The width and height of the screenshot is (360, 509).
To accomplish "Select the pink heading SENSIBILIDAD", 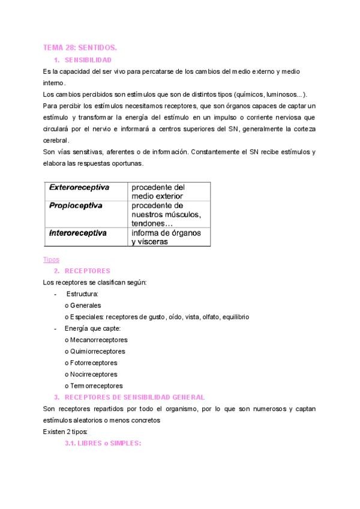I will tap(88, 60).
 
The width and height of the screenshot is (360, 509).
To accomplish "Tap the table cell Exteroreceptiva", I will tap(79, 188).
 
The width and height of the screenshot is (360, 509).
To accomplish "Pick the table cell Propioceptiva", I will tap(76, 206).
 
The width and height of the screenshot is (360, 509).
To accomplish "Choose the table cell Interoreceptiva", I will tap(78, 233).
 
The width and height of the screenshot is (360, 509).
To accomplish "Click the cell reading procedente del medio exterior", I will tap(158, 191).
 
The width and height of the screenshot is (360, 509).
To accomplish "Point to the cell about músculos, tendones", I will tap(166, 214).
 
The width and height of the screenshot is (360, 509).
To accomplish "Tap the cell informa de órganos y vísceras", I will tap(166, 237).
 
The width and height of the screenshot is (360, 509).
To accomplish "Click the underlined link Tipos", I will tap(52, 260).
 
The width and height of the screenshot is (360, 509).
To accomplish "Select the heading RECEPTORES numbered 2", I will tap(87, 271).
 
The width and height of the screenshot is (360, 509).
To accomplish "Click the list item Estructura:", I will tap(82, 294).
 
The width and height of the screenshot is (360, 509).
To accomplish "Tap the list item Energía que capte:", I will tap(93, 328).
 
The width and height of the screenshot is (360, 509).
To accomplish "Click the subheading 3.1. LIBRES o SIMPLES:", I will tap(103, 442).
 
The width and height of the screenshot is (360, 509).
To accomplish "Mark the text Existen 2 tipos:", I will tap(66, 431).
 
